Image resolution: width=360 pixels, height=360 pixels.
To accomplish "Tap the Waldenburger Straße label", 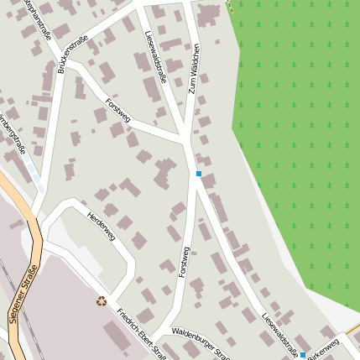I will pyautogui.click(x=201, y=344).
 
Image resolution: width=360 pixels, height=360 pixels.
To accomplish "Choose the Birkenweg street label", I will pyautogui.click(x=324, y=349).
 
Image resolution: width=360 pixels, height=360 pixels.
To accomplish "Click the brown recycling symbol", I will pyautogui.click(x=102, y=300).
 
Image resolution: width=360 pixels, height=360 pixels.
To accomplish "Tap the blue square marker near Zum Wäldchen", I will pyautogui.click(x=199, y=174).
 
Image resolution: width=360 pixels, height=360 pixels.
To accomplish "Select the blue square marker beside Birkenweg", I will pyautogui.click(x=303, y=355).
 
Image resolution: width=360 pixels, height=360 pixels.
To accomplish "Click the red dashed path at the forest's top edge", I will pyautogui.click(x=230, y=5).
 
